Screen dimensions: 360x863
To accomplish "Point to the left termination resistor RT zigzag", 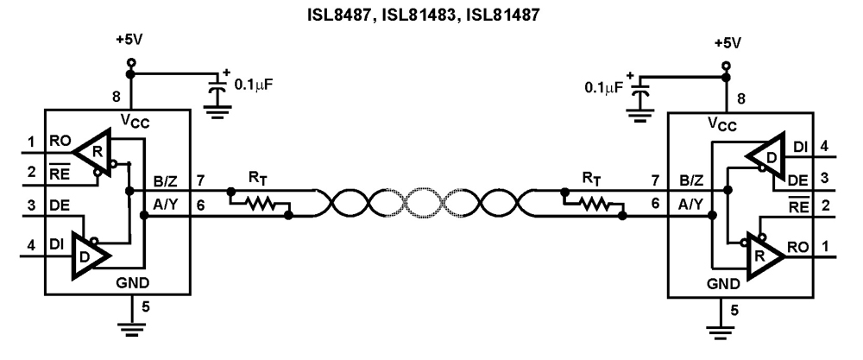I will (x=261, y=205).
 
